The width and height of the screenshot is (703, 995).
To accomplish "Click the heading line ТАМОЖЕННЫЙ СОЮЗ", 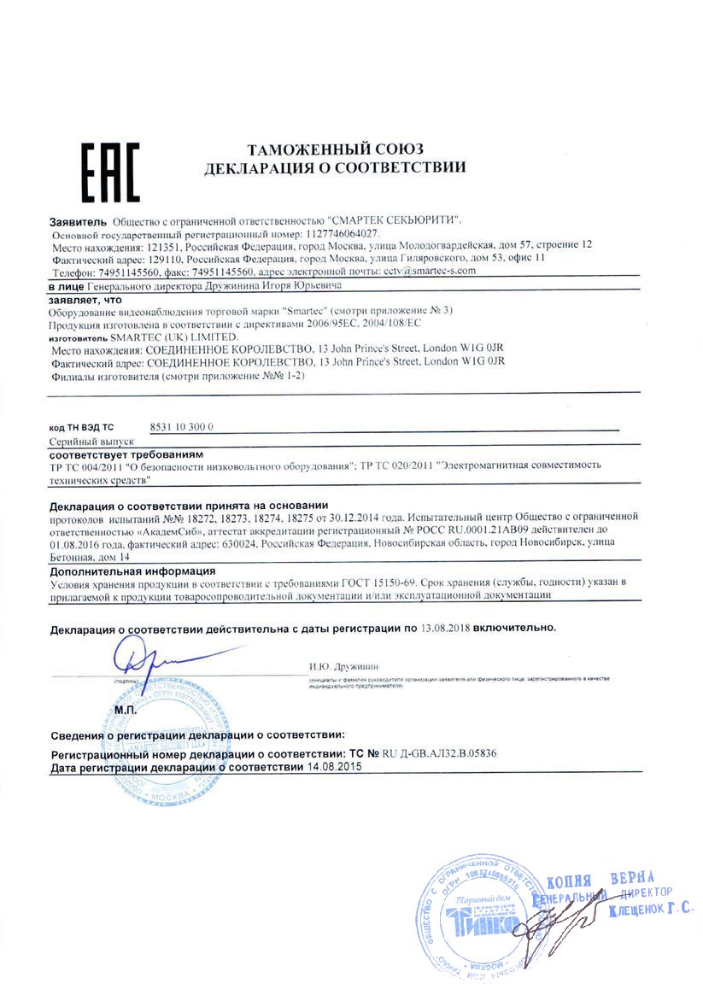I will tap(335, 149).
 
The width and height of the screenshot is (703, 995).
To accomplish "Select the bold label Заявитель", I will tap(78, 221).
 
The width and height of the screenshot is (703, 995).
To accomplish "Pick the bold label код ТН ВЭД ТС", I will tap(80, 426).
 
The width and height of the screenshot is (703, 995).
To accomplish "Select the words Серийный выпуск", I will tap(92, 443).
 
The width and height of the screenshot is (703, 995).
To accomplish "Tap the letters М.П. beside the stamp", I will tap(125, 710).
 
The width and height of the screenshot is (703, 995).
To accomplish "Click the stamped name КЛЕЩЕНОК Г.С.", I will tap(650, 911).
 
